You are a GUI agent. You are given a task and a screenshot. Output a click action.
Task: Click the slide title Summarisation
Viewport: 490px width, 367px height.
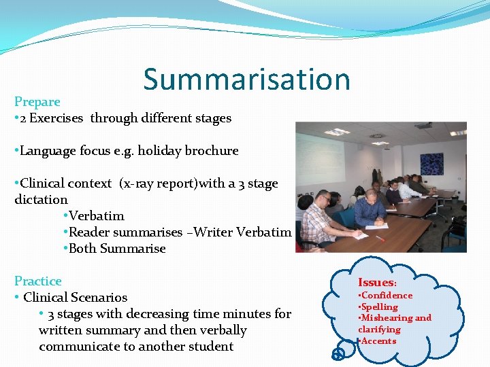click(246, 80)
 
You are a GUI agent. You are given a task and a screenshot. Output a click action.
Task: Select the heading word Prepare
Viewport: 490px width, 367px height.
click(37, 102)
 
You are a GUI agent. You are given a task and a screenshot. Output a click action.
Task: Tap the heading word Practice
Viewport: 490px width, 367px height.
click(38, 281)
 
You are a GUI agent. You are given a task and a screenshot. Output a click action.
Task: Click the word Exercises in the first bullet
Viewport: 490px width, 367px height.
click(59, 118)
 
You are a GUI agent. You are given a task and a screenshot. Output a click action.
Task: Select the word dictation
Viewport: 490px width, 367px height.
click(42, 200)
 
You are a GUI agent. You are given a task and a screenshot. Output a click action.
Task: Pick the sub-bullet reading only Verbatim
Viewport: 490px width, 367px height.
click(97, 216)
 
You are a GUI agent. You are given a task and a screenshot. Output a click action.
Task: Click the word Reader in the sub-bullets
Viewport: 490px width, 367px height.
click(91, 232)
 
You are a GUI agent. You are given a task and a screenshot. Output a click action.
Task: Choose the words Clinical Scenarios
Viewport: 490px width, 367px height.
click(75, 298)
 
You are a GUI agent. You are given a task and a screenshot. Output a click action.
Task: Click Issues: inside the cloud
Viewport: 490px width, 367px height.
click(376, 282)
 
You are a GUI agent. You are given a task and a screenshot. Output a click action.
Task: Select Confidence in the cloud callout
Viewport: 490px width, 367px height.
click(387, 296)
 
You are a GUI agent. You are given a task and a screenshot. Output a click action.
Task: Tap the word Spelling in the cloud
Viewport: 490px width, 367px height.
click(379, 307)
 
